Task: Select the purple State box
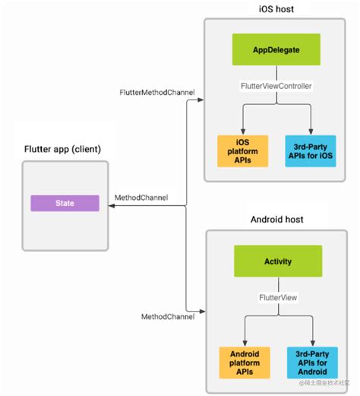(x=65, y=204)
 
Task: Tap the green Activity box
(x=277, y=261)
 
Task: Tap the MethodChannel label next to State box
(x=141, y=198)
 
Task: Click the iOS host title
(x=277, y=8)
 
